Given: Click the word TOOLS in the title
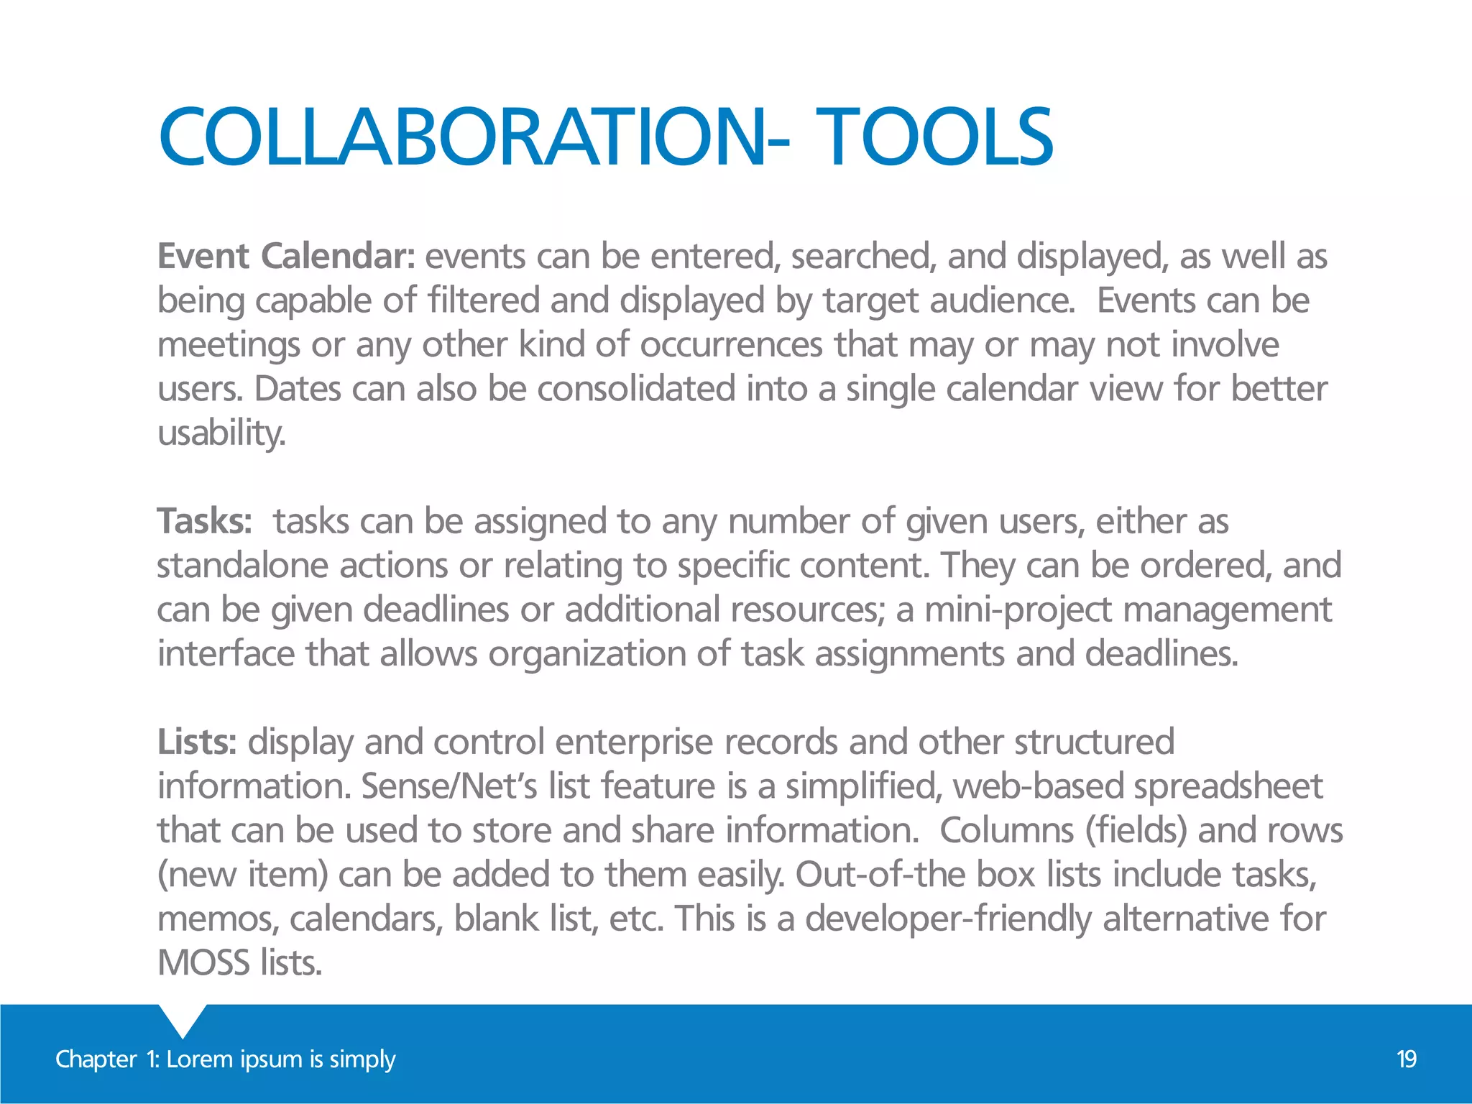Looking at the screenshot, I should (x=934, y=137).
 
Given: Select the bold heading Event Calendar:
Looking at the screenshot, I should (x=286, y=257).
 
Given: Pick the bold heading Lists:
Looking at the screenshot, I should (x=197, y=742).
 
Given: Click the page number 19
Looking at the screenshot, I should (x=1406, y=1059).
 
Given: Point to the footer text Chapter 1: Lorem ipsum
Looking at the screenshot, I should (x=225, y=1059).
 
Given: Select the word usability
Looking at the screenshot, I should (x=221, y=433).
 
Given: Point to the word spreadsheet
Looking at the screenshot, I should (x=1228, y=786).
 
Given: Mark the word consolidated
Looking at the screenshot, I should (x=636, y=389).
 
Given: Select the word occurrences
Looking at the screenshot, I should (x=731, y=345).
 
